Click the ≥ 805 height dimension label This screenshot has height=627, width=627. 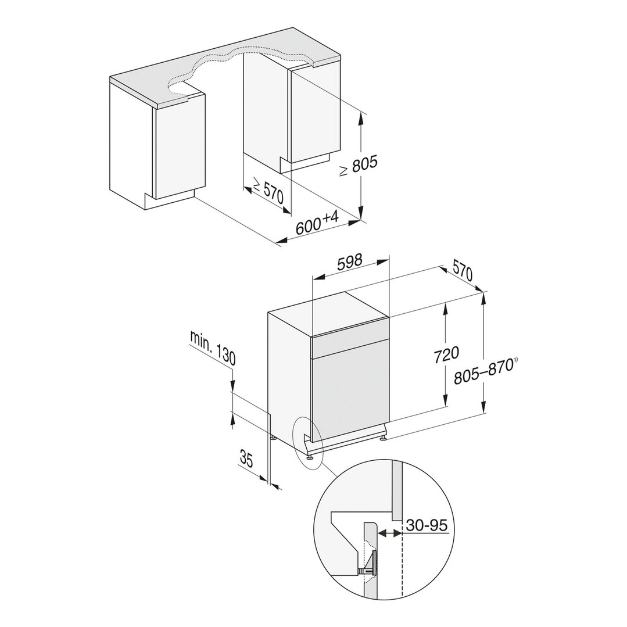pyautogui.click(x=359, y=166)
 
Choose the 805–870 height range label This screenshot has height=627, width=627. pyautogui.click(x=483, y=371)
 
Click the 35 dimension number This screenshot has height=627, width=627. pyautogui.click(x=246, y=458)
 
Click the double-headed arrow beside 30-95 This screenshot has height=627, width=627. pyautogui.click(x=389, y=532)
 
